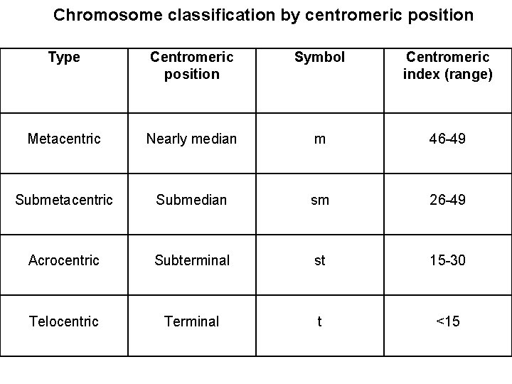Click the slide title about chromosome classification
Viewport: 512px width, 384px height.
(x=263, y=15)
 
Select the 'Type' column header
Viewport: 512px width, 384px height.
(x=64, y=58)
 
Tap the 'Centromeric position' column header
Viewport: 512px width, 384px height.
(x=192, y=65)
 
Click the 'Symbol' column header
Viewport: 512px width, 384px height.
(x=319, y=58)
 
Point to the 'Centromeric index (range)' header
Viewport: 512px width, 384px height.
(x=447, y=65)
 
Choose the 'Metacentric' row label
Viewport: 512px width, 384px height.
(x=64, y=139)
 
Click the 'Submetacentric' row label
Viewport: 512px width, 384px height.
(x=64, y=200)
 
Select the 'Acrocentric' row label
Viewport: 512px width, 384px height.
(x=64, y=260)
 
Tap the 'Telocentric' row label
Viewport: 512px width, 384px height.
(x=64, y=321)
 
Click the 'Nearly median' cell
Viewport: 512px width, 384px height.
(x=192, y=139)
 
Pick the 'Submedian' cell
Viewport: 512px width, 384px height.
(x=192, y=200)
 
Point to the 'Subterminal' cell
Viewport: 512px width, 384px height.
(x=192, y=260)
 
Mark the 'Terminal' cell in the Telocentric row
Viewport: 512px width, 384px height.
(x=192, y=321)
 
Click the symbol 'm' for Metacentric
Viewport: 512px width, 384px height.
(x=319, y=139)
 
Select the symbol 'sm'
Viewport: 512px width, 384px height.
(x=319, y=200)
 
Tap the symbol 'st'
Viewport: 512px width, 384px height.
(x=319, y=260)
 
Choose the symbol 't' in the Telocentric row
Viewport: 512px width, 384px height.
(x=319, y=321)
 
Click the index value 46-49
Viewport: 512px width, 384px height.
(x=447, y=139)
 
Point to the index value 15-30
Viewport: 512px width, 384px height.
(x=447, y=260)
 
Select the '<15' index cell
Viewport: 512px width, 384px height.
(x=447, y=321)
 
